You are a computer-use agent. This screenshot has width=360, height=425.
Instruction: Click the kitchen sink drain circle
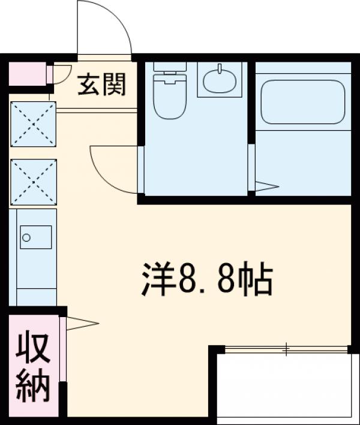point(26,238)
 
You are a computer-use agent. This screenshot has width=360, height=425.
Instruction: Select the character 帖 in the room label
point(257,279)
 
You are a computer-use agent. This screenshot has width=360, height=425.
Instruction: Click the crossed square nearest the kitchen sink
point(34,182)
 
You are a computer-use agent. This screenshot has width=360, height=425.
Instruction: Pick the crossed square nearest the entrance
point(34,124)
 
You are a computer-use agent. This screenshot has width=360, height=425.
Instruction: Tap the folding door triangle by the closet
point(82,324)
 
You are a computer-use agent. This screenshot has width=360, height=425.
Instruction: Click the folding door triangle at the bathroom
point(266,186)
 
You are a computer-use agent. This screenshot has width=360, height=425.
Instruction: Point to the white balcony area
point(282,387)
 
